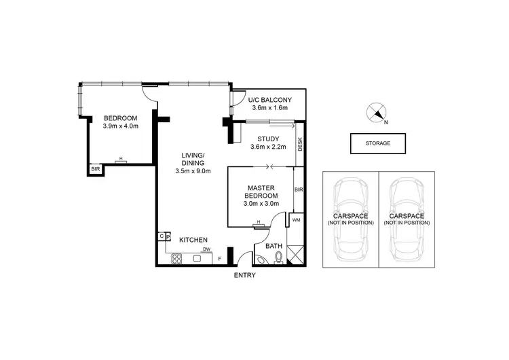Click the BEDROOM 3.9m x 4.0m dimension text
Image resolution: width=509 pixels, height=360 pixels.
[x=121, y=126]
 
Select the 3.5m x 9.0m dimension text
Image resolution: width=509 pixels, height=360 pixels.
[x=193, y=171]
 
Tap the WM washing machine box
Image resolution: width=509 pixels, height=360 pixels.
[x=297, y=221]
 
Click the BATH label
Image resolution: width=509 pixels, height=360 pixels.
[x=273, y=245]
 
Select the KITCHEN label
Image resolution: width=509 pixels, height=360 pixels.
[x=193, y=240]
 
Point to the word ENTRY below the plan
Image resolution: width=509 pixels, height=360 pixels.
[x=244, y=275]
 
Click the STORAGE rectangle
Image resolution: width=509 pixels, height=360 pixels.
[x=379, y=143]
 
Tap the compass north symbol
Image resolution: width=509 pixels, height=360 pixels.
[x=377, y=113]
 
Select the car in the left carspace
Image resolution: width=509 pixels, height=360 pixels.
[x=350, y=221]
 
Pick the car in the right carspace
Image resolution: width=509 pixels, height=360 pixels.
[x=407, y=221]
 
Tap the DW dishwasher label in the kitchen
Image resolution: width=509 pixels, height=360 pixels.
[x=206, y=249]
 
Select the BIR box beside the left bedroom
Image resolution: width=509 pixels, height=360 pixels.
[x=96, y=169]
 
